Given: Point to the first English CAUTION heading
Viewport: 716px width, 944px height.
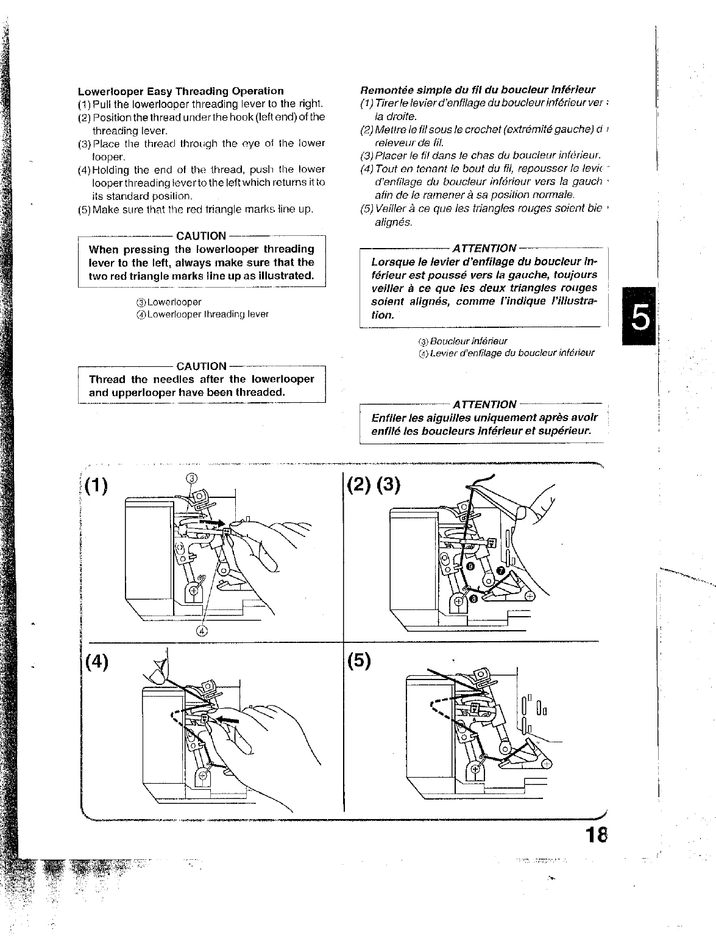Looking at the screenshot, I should click(x=200, y=236).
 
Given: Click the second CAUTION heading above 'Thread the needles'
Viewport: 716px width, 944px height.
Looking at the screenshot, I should click(x=201, y=366).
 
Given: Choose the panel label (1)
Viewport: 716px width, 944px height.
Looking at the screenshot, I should click(x=96, y=486).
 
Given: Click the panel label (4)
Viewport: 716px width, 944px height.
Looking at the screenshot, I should click(x=96, y=661).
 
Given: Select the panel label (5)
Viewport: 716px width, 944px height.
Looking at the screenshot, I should click(x=359, y=661).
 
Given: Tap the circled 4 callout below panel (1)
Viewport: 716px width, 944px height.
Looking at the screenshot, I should click(x=202, y=630).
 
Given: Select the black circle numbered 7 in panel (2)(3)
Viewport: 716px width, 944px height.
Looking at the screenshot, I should click(x=501, y=571).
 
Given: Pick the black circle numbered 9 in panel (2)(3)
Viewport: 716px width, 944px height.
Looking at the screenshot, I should click(x=470, y=567).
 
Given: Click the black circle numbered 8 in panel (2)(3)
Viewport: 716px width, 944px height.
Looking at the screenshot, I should click(x=472, y=599).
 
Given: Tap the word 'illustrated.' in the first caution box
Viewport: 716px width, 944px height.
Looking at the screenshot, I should click(x=288, y=276).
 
